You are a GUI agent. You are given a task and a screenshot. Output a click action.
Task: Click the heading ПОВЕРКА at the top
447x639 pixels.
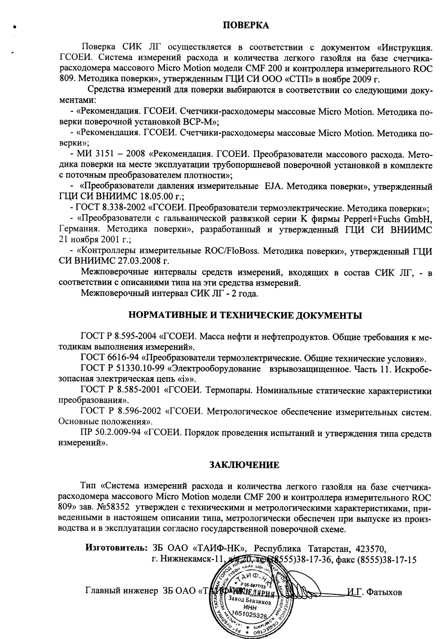click(x=246, y=26)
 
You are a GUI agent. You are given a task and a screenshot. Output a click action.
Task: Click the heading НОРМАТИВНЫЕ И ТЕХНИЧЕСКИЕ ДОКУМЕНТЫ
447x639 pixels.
click(x=245, y=315)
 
